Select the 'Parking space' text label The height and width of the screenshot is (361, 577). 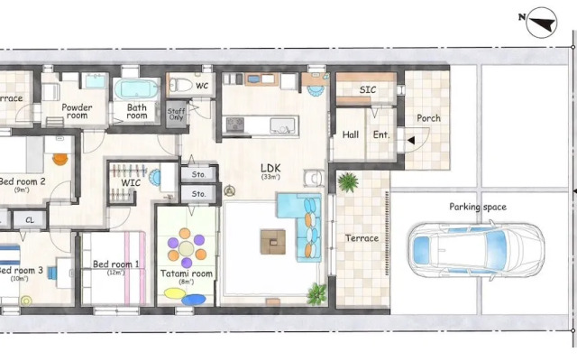pos(478,208)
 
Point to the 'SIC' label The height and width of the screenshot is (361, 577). pos(368,90)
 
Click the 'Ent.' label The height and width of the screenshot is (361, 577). pos(381,135)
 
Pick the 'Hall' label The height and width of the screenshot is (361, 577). pos(351,135)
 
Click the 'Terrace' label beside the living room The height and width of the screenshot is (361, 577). pos(362,239)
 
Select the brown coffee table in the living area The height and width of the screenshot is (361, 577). pos(273,241)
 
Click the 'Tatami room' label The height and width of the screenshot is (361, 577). pos(187,273)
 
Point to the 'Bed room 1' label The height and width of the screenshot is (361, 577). pos(116,264)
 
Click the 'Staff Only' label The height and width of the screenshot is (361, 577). pos(177,114)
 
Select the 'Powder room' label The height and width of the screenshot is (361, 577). pos(77,111)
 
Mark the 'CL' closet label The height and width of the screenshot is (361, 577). pos(30,219)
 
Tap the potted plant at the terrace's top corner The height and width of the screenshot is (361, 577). pos(347,182)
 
